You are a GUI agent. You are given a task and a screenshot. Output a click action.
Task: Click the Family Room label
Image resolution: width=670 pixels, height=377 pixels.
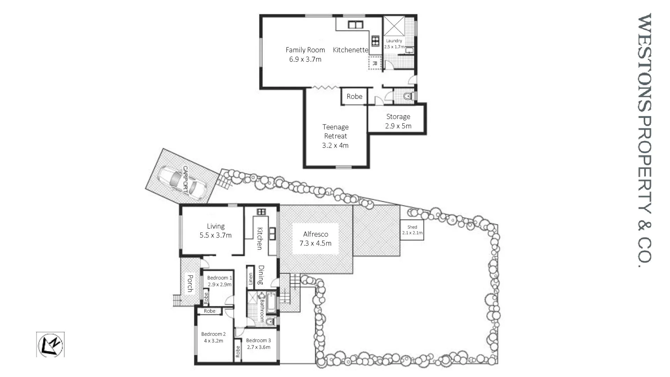(305, 50)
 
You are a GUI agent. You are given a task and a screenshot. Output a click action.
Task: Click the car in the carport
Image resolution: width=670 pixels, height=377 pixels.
(181, 181)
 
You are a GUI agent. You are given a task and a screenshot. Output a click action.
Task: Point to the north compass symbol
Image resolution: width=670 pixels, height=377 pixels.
(50, 345)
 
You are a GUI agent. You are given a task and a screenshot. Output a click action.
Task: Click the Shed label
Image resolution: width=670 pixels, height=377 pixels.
(412, 227)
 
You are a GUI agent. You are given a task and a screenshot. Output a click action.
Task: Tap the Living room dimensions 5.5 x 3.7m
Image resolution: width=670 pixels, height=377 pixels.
(215, 236)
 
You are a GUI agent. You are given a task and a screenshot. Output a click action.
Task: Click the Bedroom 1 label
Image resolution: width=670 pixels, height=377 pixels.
(219, 278)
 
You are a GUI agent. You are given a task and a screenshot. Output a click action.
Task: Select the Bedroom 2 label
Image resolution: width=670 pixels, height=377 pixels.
(213, 334)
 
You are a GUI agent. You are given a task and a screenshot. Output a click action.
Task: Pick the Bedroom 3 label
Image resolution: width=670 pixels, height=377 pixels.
(258, 340)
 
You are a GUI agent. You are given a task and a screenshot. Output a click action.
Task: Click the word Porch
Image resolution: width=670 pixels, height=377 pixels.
(190, 283)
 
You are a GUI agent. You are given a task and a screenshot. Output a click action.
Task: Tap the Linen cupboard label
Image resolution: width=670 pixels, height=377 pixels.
(250, 279)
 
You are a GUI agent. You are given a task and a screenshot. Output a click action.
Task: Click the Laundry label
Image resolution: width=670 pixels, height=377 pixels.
(394, 41)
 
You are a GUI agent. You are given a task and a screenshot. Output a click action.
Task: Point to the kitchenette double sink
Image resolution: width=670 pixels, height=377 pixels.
(356, 25)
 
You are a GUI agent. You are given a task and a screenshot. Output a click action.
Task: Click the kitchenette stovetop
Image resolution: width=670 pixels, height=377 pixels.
(375, 41)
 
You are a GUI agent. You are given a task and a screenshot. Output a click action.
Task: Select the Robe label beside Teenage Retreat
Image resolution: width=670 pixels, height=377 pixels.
(354, 97)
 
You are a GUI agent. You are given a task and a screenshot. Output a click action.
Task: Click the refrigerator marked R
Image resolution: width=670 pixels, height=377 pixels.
(375, 63)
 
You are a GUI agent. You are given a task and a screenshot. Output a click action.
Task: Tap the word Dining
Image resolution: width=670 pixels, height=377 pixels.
(261, 275)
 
